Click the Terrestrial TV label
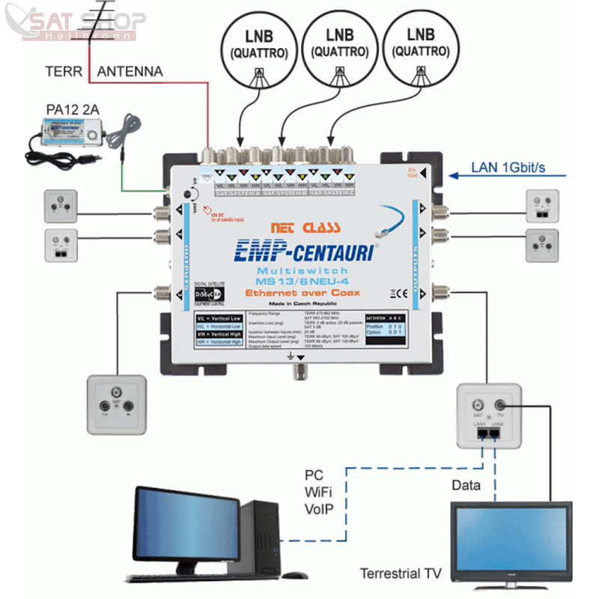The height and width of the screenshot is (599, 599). click(400, 574)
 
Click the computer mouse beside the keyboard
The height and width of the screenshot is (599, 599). click(295, 575)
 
